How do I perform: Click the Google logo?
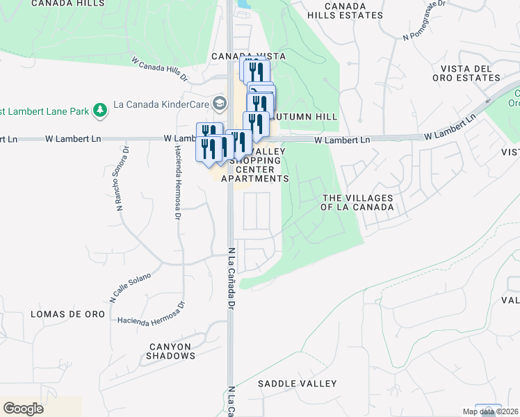(x=23, y=409)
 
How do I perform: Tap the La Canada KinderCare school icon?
(x=220, y=104)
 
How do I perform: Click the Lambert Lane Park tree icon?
(x=101, y=110)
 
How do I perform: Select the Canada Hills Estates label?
(x=345, y=10)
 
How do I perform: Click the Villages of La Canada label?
(x=357, y=202)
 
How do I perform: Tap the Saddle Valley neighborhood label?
(x=297, y=384)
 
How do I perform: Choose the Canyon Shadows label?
(x=170, y=351)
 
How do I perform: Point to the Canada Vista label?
(x=239, y=56)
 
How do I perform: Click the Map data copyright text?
(x=490, y=411)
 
